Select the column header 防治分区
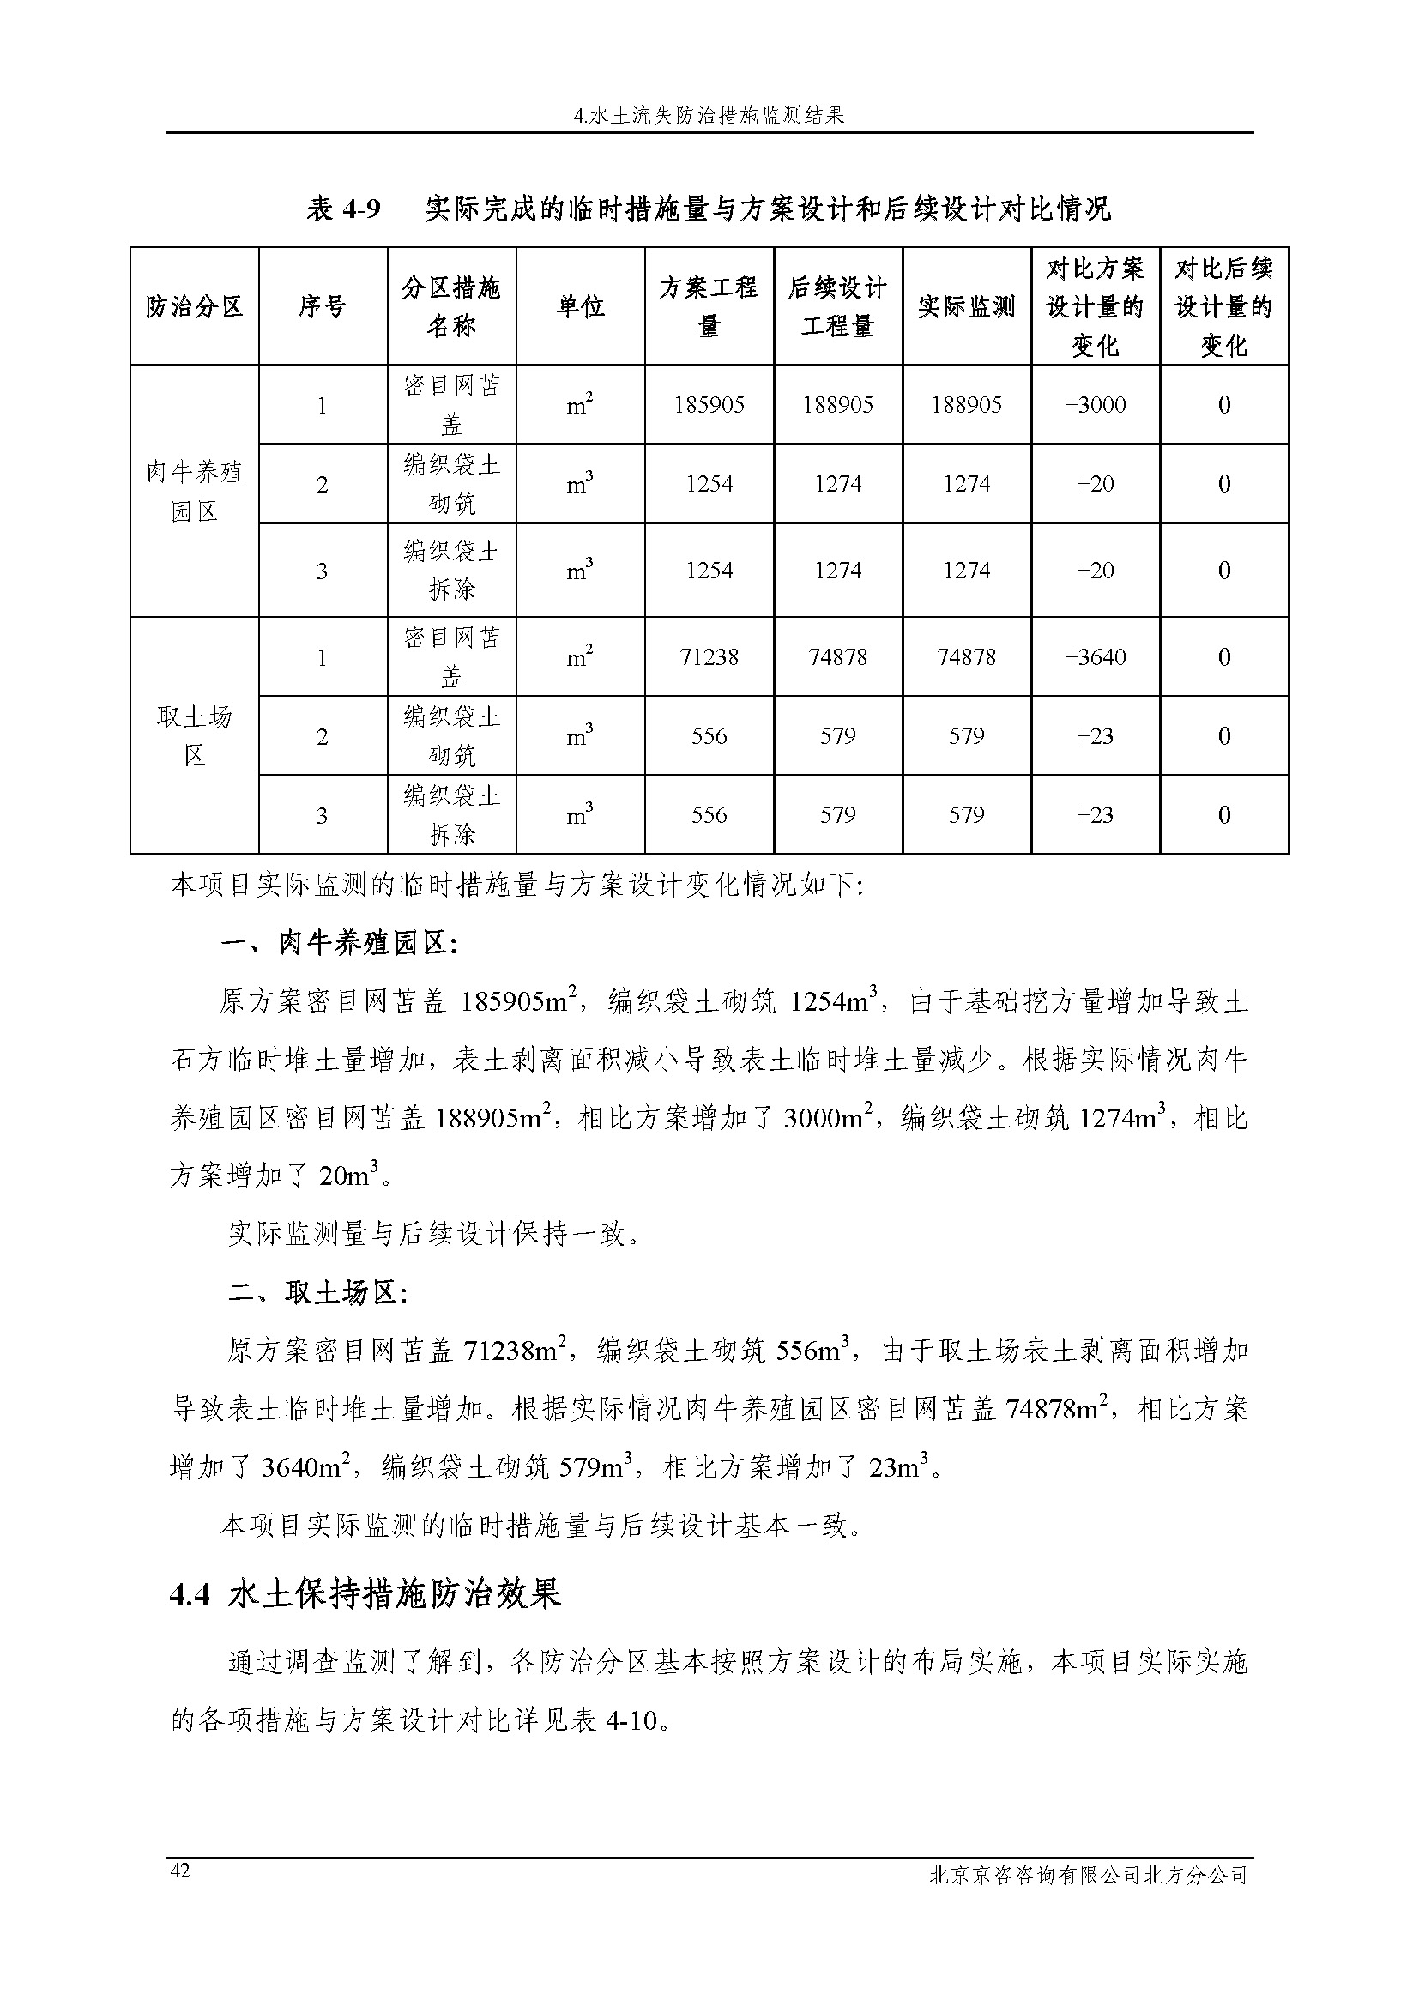[x=194, y=307]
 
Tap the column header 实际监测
[x=966, y=307]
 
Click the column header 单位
[x=580, y=307]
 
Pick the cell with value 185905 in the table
[x=709, y=406]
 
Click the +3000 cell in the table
[x=1095, y=406]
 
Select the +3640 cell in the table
[x=1095, y=657]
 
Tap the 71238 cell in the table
[x=709, y=657]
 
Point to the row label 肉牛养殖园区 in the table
[x=194, y=492]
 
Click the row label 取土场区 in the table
[x=194, y=736]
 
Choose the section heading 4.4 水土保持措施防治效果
[x=365, y=1595]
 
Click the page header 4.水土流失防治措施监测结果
[x=709, y=115]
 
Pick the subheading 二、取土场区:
[x=317, y=1293]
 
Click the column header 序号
[x=323, y=307]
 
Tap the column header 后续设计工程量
[x=837, y=307]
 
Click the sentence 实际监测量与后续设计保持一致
[x=434, y=1234]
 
